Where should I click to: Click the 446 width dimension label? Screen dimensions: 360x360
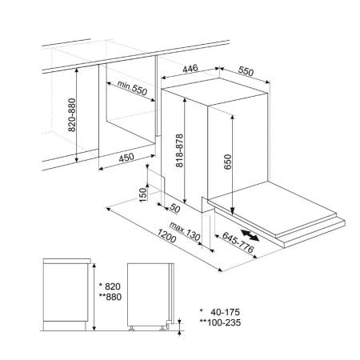point(190,68)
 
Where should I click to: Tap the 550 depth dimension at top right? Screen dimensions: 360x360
point(246,71)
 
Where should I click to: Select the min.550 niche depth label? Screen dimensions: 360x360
point(132,87)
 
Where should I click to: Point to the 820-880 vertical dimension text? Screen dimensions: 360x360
point(72,115)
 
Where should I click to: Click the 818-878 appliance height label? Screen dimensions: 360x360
point(180,150)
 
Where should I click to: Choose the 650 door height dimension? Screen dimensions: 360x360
point(228,162)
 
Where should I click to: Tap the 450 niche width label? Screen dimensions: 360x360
point(126,158)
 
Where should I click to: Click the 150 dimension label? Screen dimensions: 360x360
point(143,195)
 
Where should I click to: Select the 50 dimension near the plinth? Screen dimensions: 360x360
point(175,208)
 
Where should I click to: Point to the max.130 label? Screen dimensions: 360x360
point(185,231)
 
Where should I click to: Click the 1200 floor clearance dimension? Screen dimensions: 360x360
point(166,236)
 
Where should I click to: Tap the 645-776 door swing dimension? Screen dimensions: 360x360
point(238,242)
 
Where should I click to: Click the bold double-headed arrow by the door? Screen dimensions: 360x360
point(250,235)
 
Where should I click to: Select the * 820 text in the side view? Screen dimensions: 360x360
point(110,286)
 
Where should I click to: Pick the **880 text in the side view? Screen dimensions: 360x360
point(110,297)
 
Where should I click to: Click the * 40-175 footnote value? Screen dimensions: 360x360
point(220,312)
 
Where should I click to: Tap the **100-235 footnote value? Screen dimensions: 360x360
point(220,322)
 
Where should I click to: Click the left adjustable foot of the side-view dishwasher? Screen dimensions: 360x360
point(131,328)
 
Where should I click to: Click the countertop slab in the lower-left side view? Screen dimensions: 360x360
point(67,261)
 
